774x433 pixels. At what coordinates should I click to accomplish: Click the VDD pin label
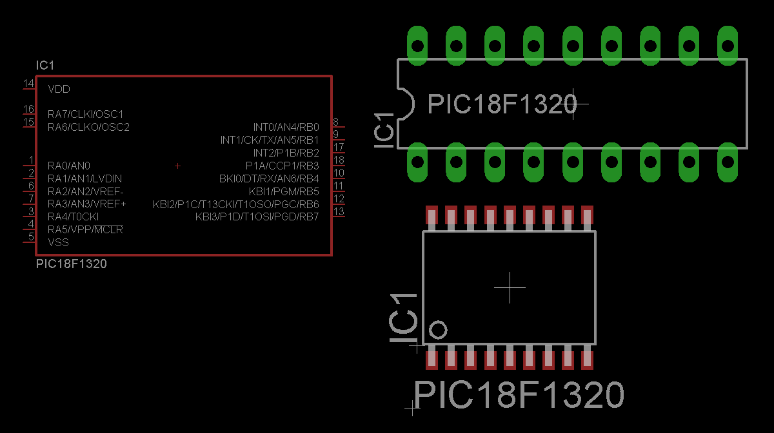point(59,89)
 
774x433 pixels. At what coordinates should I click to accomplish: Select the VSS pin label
point(59,242)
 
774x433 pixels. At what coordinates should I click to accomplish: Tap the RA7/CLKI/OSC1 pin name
point(85,114)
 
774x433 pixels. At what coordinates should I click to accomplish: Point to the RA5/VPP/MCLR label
point(85,229)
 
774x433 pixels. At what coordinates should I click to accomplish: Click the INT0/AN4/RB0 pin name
point(286,128)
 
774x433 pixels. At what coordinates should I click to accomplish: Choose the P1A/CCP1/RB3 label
point(283,166)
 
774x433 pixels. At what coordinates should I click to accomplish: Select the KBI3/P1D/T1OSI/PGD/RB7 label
point(257,217)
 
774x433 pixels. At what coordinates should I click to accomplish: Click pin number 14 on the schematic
point(28,83)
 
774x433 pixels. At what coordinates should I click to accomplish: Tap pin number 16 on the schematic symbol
point(28,109)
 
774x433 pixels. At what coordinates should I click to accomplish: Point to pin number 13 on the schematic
point(339,211)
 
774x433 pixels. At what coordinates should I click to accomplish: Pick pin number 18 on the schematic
point(339,160)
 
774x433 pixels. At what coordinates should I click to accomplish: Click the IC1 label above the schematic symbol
point(45,65)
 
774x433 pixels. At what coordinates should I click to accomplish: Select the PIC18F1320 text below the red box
point(72,264)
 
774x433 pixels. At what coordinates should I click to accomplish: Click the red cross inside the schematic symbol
point(177,166)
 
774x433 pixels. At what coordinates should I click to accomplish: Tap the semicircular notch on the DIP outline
point(406,104)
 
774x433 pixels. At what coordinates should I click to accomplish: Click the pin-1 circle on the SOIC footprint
point(438,330)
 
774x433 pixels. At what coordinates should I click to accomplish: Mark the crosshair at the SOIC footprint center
point(510,287)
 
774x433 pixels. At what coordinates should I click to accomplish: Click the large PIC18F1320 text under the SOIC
point(519,394)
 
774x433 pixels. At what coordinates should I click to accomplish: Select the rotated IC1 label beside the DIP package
point(384,131)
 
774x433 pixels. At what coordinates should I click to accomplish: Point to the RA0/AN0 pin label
point(69,166)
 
